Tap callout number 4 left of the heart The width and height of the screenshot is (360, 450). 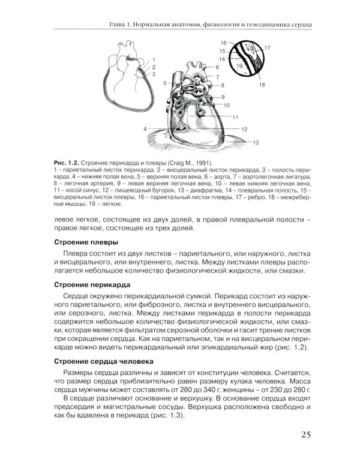[x=145, y=129]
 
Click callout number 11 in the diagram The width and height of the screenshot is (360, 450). [x=236, y=117]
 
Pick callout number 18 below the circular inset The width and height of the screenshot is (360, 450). [x=262, y=85]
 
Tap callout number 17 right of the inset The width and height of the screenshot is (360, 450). [x=267, y=47]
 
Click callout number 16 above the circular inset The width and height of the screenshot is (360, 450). [x=223, y=43]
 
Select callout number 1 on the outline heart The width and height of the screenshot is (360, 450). [x=154, y=59]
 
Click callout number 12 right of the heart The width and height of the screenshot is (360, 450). [x=245, y=129]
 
